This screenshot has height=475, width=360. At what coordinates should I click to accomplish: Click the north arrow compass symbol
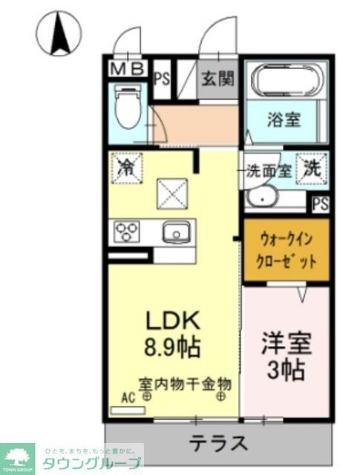pyautogui.click(x=58, y=33)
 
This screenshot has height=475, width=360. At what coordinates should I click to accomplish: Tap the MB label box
pyautogui.click(x=128, y=70)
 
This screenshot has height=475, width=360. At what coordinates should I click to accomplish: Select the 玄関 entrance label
pyautogui.click(x=217, y=77)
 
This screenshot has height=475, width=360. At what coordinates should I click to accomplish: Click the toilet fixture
pyautogui.click(x=128, y=108)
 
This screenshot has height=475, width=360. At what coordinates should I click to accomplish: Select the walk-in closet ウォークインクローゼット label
pyautogui.click(x=286, y=250)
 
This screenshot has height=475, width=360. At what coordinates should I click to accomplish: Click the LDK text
pyautogui.click(x=172, y=321)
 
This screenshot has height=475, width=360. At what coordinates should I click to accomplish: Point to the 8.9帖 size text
pyautogui.click(x=173, y=345)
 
